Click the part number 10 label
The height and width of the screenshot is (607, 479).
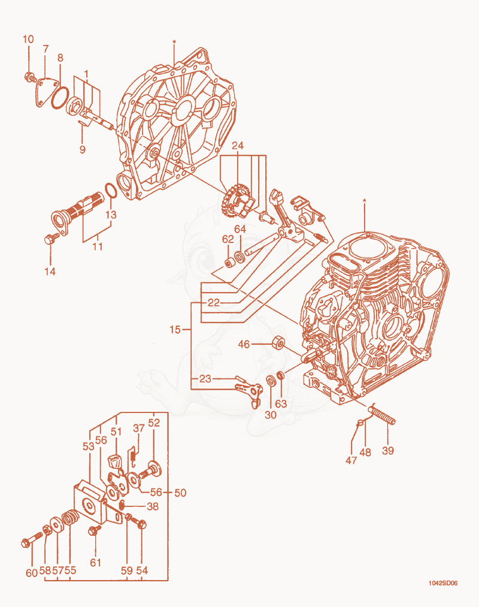pos(28,39)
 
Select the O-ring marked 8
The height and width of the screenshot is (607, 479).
pos(60,98)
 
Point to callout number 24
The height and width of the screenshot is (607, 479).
pos(237,145)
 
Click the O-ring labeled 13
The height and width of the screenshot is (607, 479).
pos(110,190)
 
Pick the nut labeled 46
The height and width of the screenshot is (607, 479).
pos(277,343)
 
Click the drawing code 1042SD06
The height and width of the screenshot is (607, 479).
pos(443,583)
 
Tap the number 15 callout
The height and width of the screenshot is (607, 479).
pos(175,329)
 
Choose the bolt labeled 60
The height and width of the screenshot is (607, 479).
pos(31,539)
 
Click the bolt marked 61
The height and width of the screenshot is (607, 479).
pos(94,530)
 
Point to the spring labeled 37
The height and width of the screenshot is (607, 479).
pos(133,455)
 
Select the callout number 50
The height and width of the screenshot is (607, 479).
pos(180,493)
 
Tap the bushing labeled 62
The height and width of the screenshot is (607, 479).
pos(230,263)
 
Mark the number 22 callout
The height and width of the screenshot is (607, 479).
pos(213,302)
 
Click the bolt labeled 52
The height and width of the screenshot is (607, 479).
pos(151,469)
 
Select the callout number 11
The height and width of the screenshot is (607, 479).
pos(97,246)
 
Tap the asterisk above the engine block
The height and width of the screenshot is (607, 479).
pos(364,201)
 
